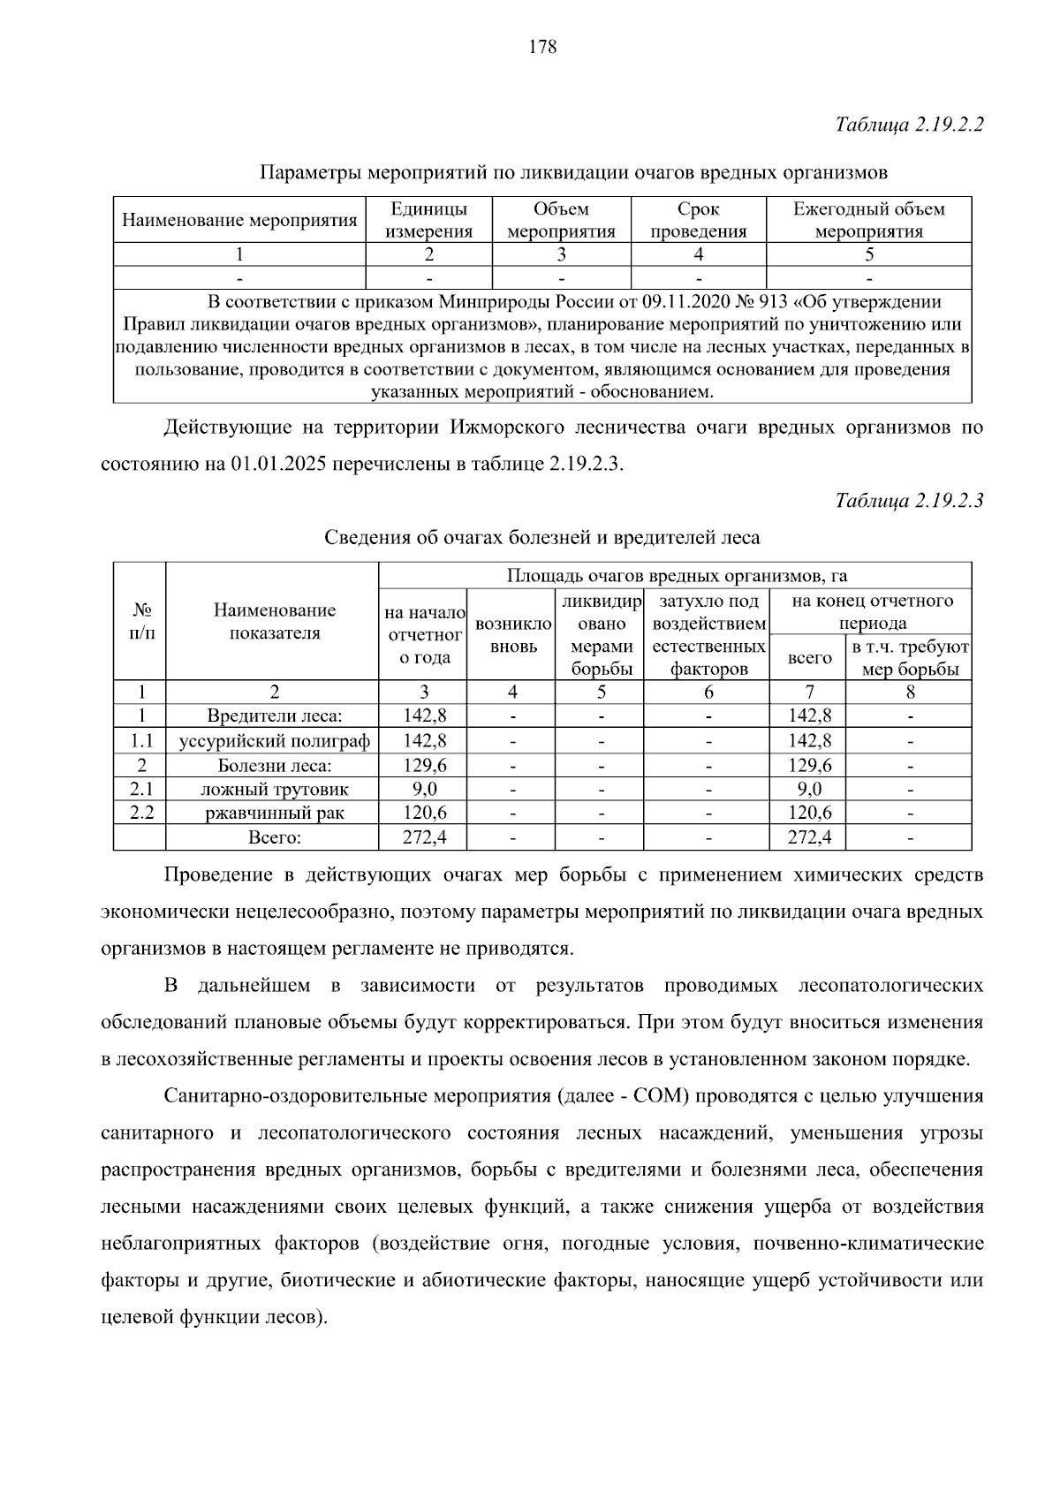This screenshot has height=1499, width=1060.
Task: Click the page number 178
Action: point(542,48)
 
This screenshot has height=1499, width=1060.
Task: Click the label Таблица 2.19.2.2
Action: point(910,125)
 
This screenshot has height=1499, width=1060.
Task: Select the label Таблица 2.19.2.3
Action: point(910,501)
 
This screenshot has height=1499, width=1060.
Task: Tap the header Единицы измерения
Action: point(429,220)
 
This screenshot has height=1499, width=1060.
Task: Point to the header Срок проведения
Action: point(698,220)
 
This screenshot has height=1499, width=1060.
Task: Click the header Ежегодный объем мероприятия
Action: point(868,220)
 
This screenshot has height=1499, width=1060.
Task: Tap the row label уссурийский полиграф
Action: point(274,740)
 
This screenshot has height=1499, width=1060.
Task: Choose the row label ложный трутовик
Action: point(274,789)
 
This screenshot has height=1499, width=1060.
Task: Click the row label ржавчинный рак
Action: point(274,813)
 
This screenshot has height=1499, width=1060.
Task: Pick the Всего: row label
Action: point(274,837)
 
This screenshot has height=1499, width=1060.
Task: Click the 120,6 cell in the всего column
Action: point(809,813)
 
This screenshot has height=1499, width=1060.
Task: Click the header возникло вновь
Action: point(513,634)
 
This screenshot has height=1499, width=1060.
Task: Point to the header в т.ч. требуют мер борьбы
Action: point(910,657)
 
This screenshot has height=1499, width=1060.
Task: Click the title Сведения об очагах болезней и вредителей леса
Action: point(541,537)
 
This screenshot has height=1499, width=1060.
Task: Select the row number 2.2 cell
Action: point(141,813)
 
